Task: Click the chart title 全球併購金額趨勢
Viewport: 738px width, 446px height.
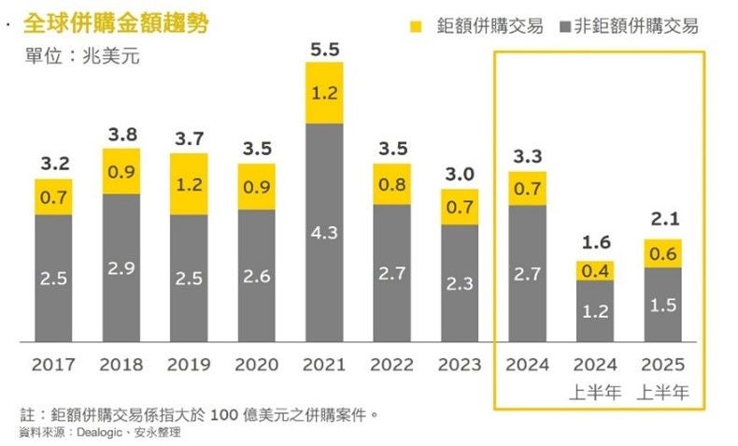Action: pos(116,22)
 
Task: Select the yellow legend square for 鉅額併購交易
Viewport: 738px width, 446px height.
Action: pos(416,26)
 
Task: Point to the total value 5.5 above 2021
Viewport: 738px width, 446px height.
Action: pos(324,50)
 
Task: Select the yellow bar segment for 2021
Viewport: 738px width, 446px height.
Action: pos(324,93)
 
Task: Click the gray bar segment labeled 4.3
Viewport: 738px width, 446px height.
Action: pos(324,232)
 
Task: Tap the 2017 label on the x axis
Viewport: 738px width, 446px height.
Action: pos(54,365)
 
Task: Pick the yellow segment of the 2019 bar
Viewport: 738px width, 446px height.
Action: pos(189,184)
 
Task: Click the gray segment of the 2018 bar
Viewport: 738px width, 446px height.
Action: pos(121,268)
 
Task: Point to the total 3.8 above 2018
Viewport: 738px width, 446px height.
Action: pos(121,134)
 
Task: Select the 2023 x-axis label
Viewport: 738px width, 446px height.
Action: pos(459,365)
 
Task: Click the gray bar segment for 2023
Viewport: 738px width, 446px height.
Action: pos(459,283)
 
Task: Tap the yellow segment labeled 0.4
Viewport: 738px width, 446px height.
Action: pos(595,270)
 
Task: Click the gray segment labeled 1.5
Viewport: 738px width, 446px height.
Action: pos(662,305)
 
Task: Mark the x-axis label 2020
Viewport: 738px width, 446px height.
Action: pos(256,365)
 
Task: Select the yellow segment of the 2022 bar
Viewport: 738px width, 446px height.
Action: pos(391,184)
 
